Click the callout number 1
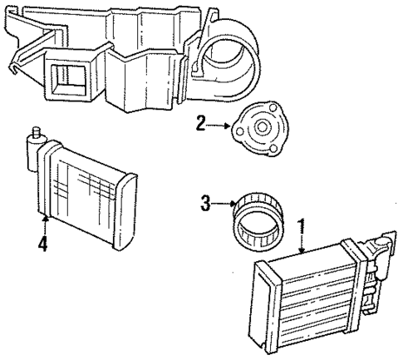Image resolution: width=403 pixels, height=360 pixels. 302,224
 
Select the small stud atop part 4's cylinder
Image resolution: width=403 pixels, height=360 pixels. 36,131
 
